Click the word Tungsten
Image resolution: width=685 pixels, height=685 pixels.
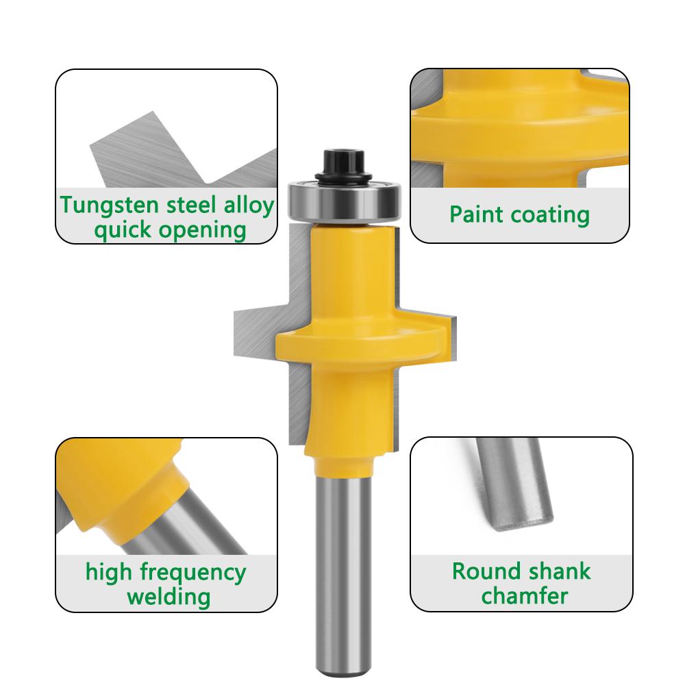103,206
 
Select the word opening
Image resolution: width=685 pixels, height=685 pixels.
205,230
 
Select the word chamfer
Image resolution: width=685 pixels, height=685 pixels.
525,595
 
